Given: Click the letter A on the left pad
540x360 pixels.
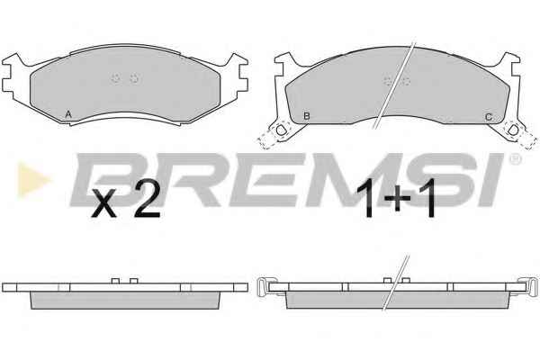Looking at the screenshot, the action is coord(68,114).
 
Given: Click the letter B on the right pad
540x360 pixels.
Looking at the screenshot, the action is coord(306,116).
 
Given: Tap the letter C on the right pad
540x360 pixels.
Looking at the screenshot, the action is coord(489,117).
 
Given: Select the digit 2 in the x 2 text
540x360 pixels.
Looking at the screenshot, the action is coord(147,200).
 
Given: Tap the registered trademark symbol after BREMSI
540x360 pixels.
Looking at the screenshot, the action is coord(515,158).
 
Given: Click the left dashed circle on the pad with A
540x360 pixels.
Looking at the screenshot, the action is coord(116,78).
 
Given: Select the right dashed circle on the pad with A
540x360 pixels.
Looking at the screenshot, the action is coord(134,78).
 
